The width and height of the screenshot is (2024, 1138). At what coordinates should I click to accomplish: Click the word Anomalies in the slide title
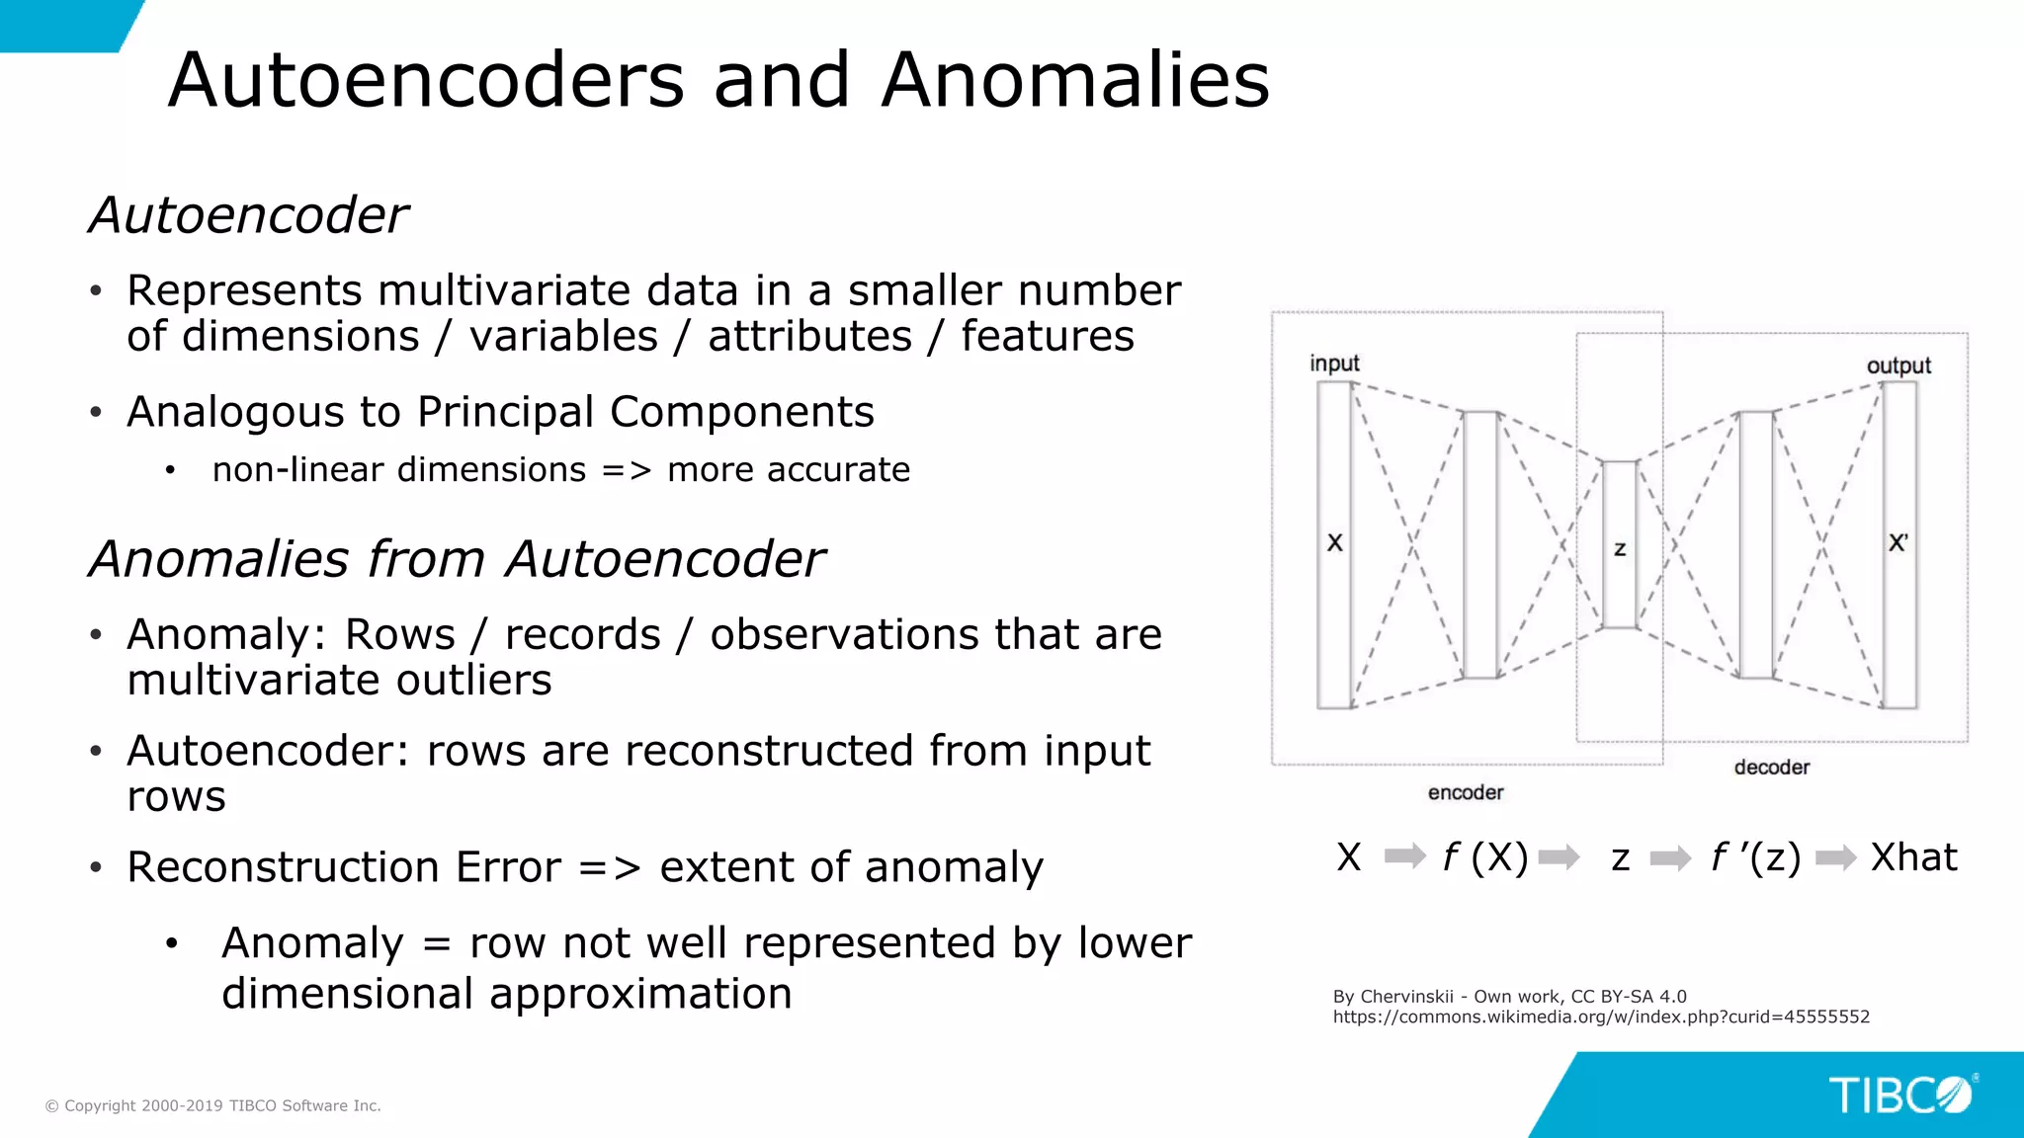pyautogui.click(x=1075, y=80)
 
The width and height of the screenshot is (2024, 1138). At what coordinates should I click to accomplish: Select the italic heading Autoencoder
pyautogui.click(x=248, y=215)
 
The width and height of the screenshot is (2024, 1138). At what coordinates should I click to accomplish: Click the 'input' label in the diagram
pyautogui.click(x=1334, y=364)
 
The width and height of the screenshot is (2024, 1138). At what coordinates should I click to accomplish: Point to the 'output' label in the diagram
pyautogui.click(x=1897, y=366)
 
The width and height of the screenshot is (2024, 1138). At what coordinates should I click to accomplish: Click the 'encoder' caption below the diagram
pyautogui.click(x=1465, y=792)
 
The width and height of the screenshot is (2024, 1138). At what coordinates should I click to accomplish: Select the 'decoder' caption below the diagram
pyautogui.click(x=1771, y=767)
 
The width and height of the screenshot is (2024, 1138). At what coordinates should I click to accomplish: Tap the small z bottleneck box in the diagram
pyautogui.click(x=1619, y=544)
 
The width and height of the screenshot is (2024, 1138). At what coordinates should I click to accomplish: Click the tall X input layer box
pyautogui.click(x=1334, y=545)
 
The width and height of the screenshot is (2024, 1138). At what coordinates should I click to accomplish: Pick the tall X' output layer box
pyautogui.click(x=1898, y=545)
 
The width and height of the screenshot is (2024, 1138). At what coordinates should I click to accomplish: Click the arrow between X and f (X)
pyautogui.click(x=1404, y=856)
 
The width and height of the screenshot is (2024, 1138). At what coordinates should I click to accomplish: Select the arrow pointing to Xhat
pyautogui.click(x=1835, y=857)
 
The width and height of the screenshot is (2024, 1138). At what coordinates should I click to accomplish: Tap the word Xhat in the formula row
pyautogui.click(x=1913, y=857)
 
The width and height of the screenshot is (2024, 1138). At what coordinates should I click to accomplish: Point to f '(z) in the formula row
pyautogui.click(x=1755, y=857)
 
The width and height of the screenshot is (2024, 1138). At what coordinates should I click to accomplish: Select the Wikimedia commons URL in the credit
pyautogui.click(x=1601, y=1017)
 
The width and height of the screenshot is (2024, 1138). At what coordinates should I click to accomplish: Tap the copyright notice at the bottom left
pyautogui.click(x=213, y=1105)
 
